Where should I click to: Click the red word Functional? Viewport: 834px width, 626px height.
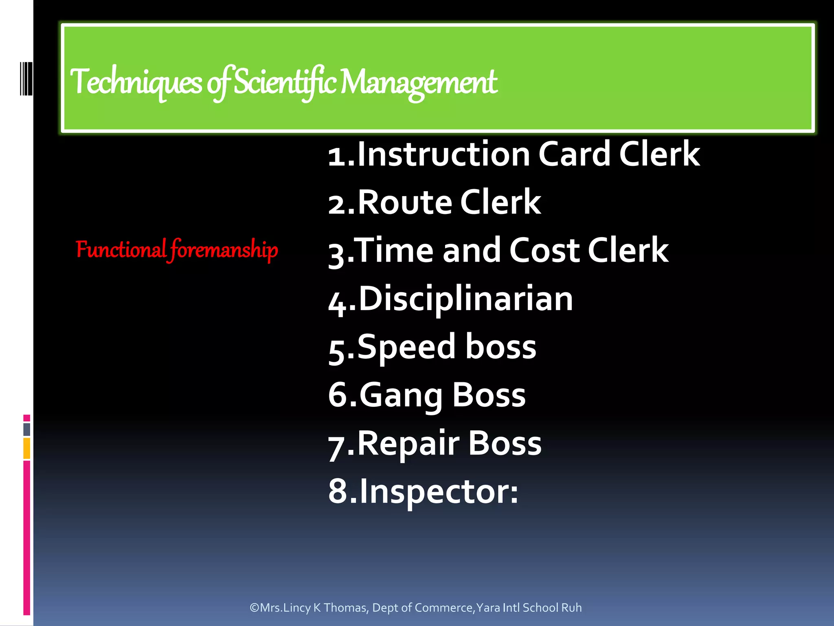(121, 249)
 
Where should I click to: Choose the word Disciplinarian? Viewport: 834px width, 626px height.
(465, 299)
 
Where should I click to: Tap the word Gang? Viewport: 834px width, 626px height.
(401, 395)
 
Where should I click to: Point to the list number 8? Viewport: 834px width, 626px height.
(337, 492)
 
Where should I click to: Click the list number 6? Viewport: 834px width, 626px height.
(337, 395)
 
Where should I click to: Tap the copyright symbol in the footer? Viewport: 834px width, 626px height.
(255, 608)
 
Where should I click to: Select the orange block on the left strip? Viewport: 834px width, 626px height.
(27, 448)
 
